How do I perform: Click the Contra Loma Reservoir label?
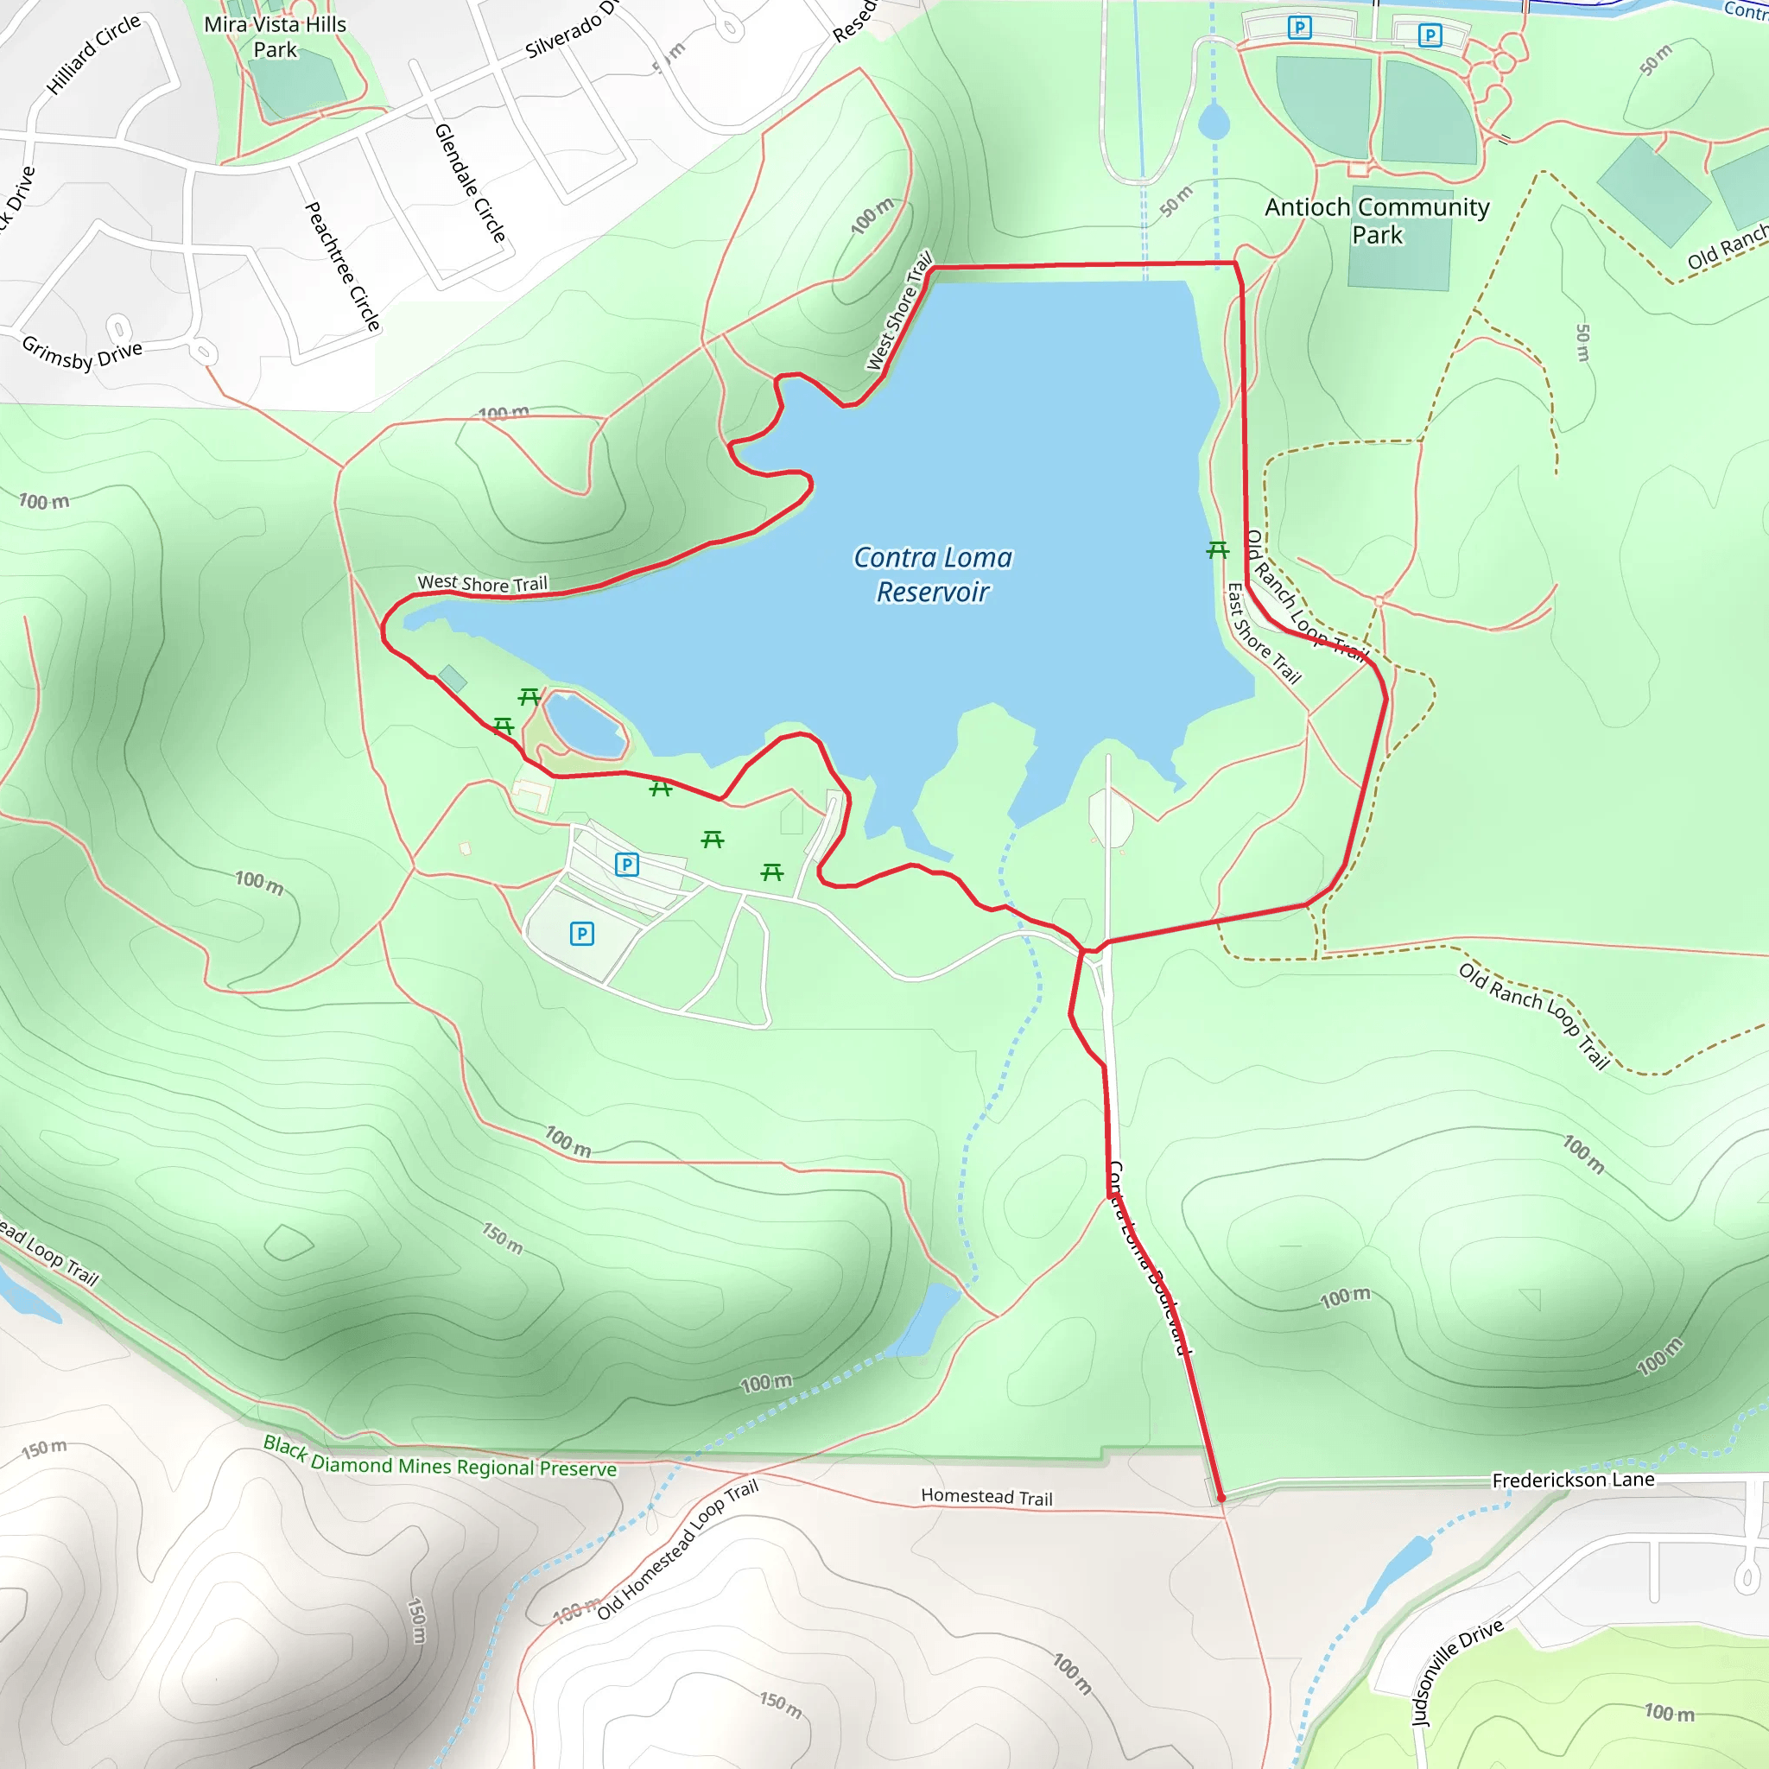[x=932, y=575]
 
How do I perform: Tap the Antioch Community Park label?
[x=1376, y=220]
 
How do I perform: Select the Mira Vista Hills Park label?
[x=275, y=36]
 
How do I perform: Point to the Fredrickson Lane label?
[x=1573, y=1480]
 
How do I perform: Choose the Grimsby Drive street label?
[x=81, y=352]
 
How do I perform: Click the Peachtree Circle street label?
[x=342, y=265]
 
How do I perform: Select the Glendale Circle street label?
[x=471, y=183]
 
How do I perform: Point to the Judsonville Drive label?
[x=1457, y=1673]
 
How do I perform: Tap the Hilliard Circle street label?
[x=93, y=54]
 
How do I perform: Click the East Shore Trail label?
[x=1264, y=634]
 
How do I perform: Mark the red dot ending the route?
[x=1221, y=1498]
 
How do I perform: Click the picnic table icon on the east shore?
[x=1217, y=549]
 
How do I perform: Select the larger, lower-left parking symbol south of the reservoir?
[x=581, y=933]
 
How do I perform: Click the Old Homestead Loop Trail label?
[x=677, y=1550]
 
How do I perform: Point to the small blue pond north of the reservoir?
[x=1214, y=121]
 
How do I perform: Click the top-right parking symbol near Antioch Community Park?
[x=1430, y=35]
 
